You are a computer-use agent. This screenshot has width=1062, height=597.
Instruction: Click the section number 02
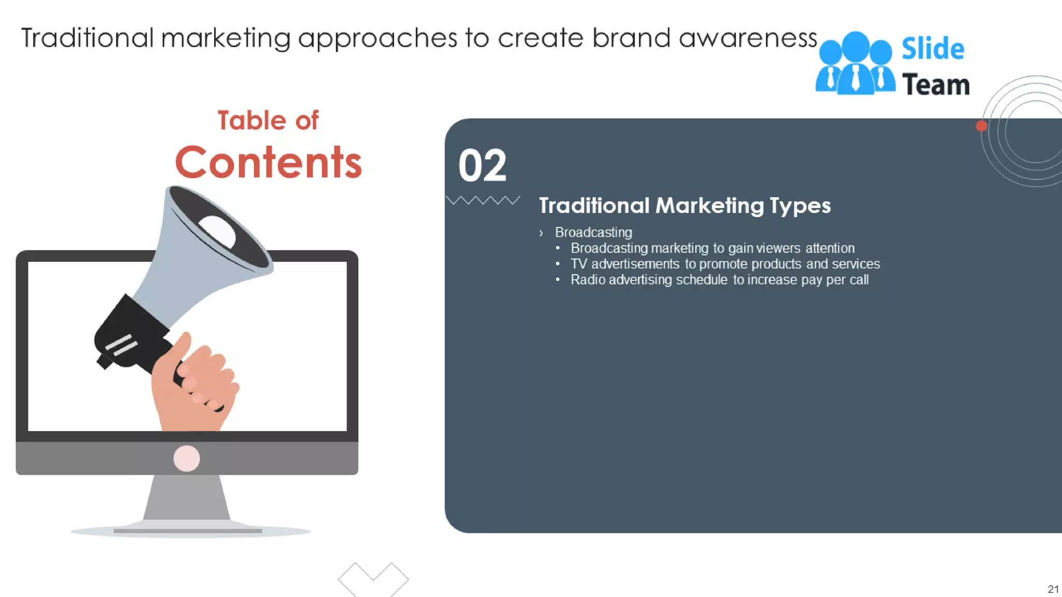coord(482,166)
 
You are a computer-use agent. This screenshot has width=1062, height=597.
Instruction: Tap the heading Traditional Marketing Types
coord(684,206)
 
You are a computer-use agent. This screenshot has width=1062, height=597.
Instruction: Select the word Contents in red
coord(268,162)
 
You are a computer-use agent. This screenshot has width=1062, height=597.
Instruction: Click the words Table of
coord(268,121)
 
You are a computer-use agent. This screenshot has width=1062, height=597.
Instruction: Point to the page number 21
coord(1053,589)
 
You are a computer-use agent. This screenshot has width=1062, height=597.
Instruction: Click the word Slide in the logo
coord(932,49)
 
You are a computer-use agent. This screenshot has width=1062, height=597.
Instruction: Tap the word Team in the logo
coord(935,85)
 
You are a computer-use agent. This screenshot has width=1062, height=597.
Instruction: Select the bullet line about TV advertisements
coord(725,264)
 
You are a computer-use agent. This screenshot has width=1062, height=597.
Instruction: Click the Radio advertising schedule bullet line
coord(719,280)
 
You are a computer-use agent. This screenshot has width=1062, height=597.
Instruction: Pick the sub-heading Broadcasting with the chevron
coord(593,233)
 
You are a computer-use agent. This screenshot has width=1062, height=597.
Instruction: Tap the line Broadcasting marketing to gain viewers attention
coord(712,248)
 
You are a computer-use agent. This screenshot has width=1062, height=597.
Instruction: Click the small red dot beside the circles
coord(981,126)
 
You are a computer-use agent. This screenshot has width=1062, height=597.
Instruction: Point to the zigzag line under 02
coord(483,200)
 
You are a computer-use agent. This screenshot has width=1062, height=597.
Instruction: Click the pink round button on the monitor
coord(187,459)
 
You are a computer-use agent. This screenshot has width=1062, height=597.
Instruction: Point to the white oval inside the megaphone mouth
coord(218,231)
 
